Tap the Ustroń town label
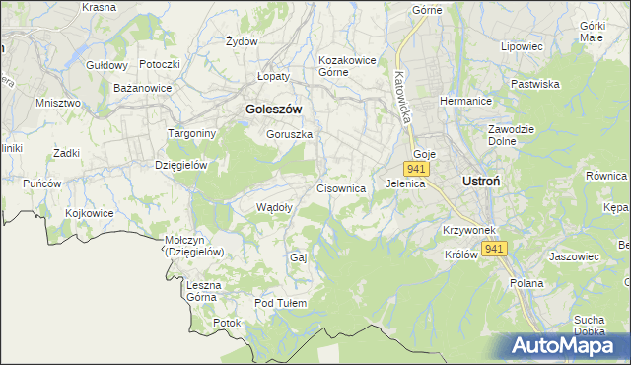tap(484, 182)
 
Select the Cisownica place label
tap(341, 187)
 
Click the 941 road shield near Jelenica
tap(415, 169)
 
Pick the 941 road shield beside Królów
tap(495, 249)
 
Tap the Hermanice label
tap(465, 101)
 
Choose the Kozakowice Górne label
tap(347, 65)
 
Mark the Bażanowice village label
tap(143, 88)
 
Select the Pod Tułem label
tap(281, 303)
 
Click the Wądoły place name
tap(273, 207)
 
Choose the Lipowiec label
tap(522, 46)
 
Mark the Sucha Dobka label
tap(589, 325)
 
